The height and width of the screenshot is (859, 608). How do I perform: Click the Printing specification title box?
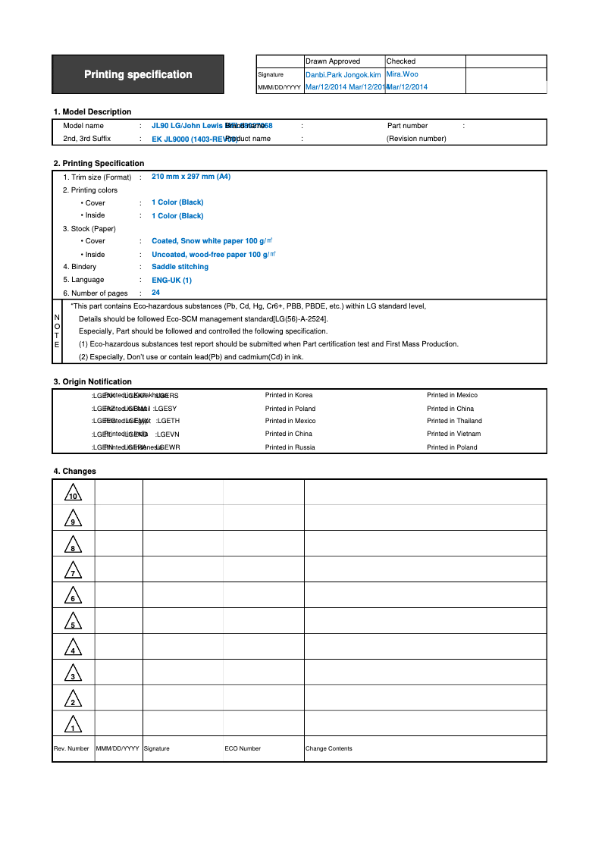(x=138, y=74)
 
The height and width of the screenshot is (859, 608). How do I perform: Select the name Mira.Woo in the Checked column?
(x=402, y=74)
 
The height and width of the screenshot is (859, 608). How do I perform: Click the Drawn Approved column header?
(x=333, y=61)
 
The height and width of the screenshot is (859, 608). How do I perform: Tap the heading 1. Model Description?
(x=92, y=111)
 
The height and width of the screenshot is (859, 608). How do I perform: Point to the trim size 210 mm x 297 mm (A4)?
(x=191, y=177)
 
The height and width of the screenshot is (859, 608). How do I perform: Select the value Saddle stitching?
(x=180, y=267)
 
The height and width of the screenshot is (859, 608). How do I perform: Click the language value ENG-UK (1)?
(x=171, y=280)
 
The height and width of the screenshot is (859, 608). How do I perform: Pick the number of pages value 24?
(x=155, y=293)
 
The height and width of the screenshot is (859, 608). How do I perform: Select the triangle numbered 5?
(x=73, y=622)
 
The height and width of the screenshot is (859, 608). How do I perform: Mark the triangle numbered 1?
(x=73, y=726)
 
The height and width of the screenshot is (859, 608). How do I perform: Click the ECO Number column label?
(x=243, y=748)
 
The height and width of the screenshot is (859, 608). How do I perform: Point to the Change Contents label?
(x=328, y=748)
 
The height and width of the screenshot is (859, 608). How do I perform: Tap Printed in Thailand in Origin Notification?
(x=454, y=421)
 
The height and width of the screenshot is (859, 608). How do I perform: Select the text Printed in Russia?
(x=290, y=447)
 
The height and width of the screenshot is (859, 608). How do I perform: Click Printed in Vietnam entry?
(x=453, y=434)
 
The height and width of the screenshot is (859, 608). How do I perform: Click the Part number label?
(x=407, y=126)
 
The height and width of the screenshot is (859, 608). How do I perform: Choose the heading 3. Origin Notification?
(x=92, y=381)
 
